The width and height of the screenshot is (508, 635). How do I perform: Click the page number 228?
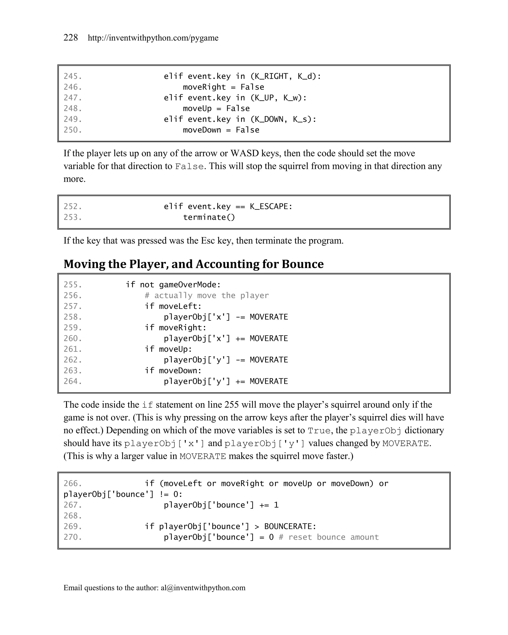(x=71, y=38)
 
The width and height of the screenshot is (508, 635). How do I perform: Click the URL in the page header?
(x=153, y=38)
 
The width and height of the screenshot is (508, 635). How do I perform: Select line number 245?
(x=72, y=76)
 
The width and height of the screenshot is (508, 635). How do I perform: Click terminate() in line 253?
(x=209, y=217)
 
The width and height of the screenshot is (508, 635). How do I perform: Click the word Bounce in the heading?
(x=302, y=264)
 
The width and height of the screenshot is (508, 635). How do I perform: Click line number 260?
(x=72, y=338)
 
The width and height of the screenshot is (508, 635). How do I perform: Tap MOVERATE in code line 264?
(x=269, y=381)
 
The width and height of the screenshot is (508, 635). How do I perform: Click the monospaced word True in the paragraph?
(x=319, y=431)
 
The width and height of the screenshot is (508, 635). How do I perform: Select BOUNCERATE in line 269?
(x=290, y=527)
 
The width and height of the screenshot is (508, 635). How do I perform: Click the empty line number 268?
(x=72, y=516)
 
